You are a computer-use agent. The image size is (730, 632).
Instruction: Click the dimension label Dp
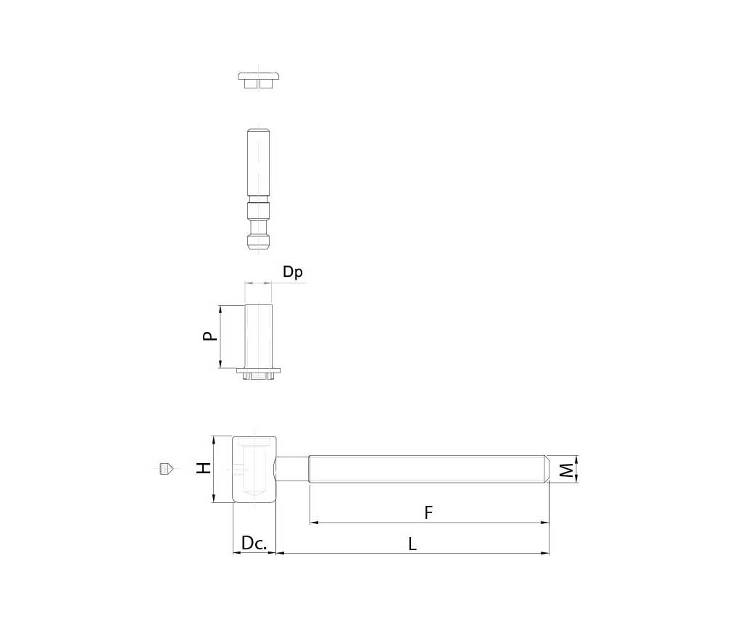pos(292,272)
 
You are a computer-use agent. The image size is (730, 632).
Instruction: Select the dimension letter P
pos(210,336)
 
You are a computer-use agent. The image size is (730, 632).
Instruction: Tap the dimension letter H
pos(204,468)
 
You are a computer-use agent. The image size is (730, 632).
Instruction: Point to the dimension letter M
pos(566,470)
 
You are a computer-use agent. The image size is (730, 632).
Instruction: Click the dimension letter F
pos(428,513)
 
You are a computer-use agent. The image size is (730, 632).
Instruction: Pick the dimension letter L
pos(412,544)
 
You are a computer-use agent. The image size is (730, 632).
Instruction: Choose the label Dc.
pos(254,543)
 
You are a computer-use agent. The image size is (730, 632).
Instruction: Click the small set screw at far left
pos(166,469)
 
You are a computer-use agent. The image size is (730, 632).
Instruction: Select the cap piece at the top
pos(259,80)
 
